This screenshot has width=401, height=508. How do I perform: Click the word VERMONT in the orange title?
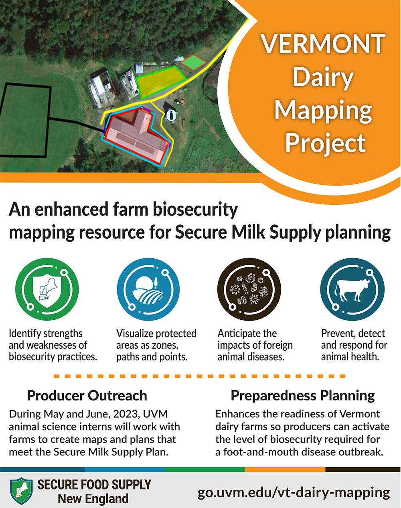(x=323, y=44)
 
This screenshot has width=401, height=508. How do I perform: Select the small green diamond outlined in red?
(x=193, y=62)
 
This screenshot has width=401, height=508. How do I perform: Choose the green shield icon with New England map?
(x=47, y=289)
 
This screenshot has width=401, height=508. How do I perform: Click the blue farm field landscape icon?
(x=148, y=289)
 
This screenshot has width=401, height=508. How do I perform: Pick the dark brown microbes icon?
(x=249, y=289)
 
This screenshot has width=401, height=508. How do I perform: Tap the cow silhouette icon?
(x=352, y=289)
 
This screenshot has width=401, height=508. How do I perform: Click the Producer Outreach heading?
(x=87, y=396)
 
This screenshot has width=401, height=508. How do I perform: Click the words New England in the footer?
(x=93, y=499)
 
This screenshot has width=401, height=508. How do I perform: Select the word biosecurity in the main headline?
(x=195, y=209)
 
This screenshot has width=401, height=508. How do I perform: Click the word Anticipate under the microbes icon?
(x=247, y=334)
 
